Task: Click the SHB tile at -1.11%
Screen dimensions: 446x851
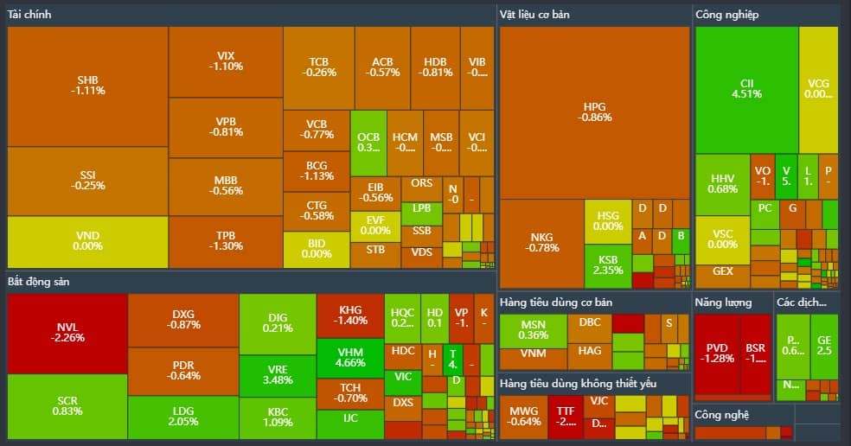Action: click(x=87, y=86)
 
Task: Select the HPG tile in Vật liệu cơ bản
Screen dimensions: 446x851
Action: click(x=594, y=111)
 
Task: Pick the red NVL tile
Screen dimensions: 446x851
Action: click(x=67, y=333)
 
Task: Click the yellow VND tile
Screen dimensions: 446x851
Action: click(x=87, y=241)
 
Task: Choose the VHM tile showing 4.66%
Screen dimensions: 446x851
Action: click(x=350, y=358)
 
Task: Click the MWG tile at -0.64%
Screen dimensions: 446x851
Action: click(x=525, y=417)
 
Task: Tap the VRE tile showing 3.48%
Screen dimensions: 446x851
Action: click(x=277, y=375)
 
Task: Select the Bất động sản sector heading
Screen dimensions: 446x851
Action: click(x=38, y=282)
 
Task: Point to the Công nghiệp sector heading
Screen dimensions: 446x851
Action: click(x=726, y=14)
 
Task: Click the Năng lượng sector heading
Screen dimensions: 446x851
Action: click(x=723, y=303)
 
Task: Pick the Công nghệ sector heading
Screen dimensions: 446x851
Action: click(x=722, y=415)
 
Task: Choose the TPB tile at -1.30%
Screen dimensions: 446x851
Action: click(x=226, y=241)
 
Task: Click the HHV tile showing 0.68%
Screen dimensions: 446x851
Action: click(x=722, y=184)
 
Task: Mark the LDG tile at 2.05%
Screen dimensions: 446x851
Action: click(x=182, y=417)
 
